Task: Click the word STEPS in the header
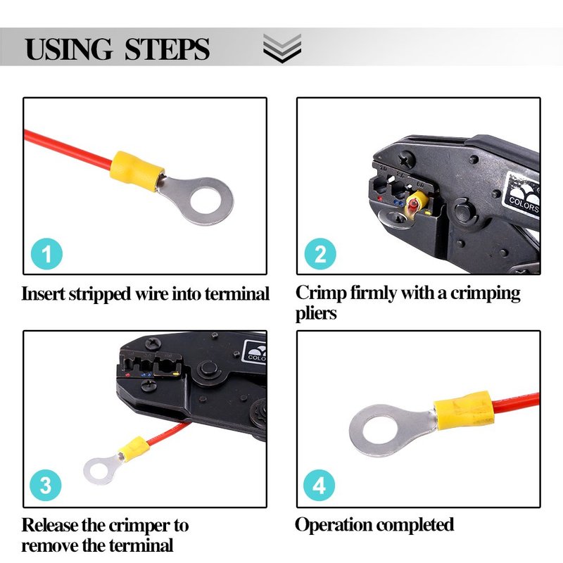click(x=167, y=49)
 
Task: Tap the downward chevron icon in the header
click(x=282, y=48)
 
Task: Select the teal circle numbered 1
click(x=46, y=254)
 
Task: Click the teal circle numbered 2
click(x=320, y=254)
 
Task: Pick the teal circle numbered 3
click(x=46, y=485)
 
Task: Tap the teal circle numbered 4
click(x=320, y=485)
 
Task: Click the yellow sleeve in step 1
click(x=137, y=170)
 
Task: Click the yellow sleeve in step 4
click(x=464, y=410)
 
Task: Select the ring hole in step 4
click(x=380, y=430)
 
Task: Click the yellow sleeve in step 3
click(x=134, y=449)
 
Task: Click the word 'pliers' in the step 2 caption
click(x=316, y=313)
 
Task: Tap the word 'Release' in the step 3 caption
click(x=50, y=525)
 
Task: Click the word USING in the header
click(x=68, y=49)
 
